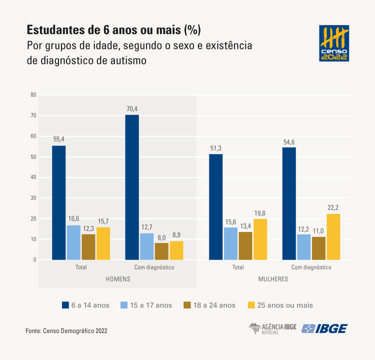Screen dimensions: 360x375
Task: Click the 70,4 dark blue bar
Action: click(x=132, y=187)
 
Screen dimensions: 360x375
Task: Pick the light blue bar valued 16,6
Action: click(x=73, y=242)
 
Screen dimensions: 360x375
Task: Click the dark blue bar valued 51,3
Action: click(x=215, y=207)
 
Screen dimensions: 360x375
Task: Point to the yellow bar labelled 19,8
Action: click(x=260, y=239)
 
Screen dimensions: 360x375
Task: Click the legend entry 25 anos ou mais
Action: click(x=280, y=305)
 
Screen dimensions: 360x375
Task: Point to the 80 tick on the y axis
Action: click(x=33, y=94)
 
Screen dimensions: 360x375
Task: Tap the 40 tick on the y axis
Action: click(x=33, y=177)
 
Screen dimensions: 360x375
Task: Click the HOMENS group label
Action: click(x=117, y=279)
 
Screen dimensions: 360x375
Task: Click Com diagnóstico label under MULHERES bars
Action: click(x=311, y=267)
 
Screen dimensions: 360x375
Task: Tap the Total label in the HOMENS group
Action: click(x=80, y=267)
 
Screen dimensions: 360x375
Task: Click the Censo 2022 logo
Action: click(x=334, y=43)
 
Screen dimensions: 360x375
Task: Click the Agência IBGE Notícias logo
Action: click(x=273, y=328)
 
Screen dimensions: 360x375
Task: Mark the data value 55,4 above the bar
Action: click(x=58, y=139)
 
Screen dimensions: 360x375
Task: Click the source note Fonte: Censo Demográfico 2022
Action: click(x=66, y=330)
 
